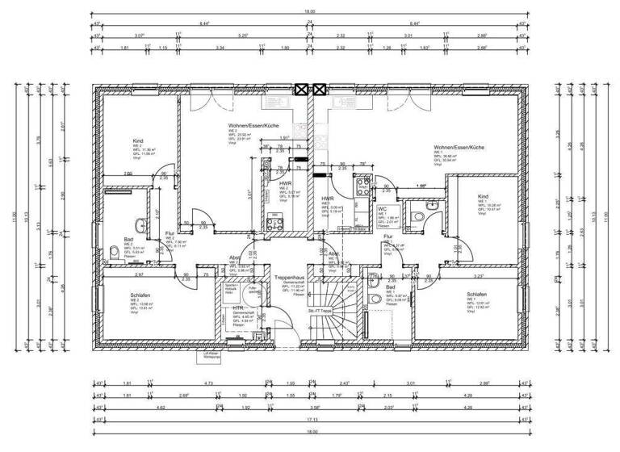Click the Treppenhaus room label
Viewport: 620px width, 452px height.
click(x=288, y=276)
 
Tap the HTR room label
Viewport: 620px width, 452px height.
click(x=239, y=308)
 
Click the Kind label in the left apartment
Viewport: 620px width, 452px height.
click(x=138, y=140)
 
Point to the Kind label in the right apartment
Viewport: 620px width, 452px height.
click(x=483, y=196)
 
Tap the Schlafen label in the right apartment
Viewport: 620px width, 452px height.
click(x=476, y=295)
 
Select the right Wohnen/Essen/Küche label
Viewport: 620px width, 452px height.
click(x=459, y=148)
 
